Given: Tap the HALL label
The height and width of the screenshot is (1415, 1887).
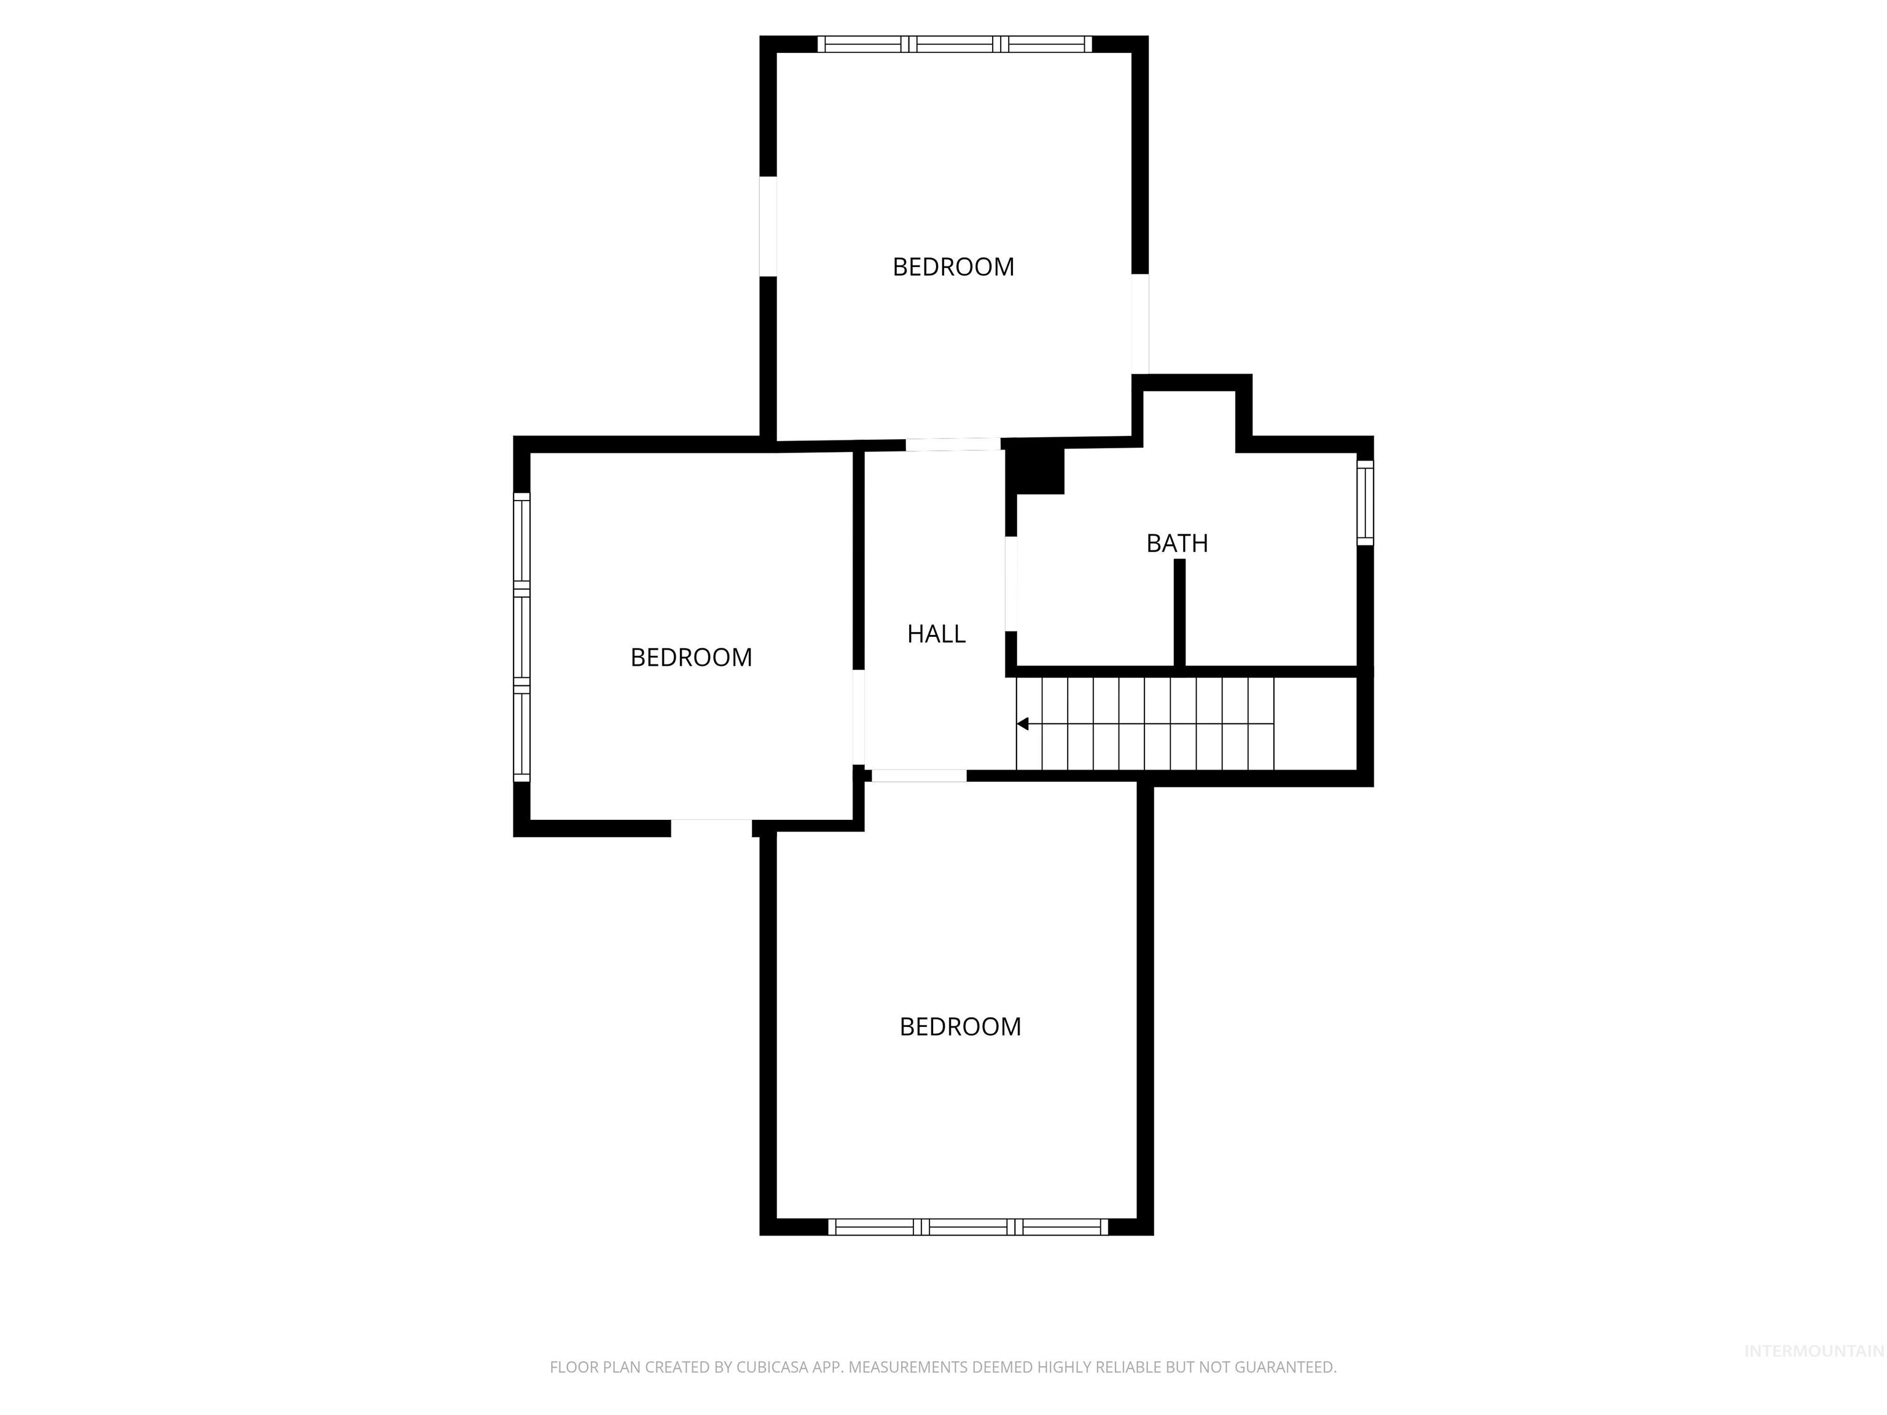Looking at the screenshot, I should point(936,634).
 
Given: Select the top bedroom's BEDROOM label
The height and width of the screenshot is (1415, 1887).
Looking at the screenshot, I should point(953,267).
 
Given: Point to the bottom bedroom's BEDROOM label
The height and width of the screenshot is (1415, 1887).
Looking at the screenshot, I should point(959,1026).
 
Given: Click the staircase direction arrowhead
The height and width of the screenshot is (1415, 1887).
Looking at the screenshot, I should point(1023,724).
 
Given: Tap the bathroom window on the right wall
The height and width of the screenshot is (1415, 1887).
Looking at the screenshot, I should point(1365,502).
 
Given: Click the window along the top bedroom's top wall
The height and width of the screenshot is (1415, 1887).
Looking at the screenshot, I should point(955,44).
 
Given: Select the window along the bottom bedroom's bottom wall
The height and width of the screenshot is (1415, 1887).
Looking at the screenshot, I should point(967,1226).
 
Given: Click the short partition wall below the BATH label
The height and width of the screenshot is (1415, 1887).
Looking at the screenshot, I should point(1180,612).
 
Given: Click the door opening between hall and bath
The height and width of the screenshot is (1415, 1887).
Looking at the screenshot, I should point(1011,583).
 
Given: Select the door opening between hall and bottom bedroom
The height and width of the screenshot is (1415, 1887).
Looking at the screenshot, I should point(919,775).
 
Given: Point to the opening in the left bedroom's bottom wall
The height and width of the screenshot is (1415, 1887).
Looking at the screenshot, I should point(711,827).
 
